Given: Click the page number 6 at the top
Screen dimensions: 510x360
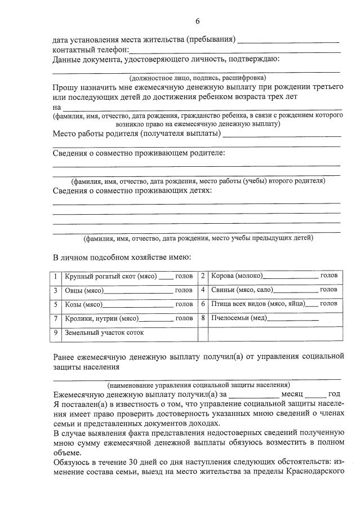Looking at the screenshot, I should [197, 21].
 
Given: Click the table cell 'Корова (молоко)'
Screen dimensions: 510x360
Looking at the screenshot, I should [273, 276].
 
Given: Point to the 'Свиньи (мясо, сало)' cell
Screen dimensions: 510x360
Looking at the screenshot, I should [273, 290].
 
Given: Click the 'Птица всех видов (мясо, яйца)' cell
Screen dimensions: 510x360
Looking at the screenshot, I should [273, 304].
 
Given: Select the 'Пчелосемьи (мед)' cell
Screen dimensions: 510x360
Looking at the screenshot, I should [273, 318].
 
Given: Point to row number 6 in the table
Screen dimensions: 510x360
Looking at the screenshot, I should [203, 304].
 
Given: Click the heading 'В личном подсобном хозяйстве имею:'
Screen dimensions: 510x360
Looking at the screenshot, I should [122, 258].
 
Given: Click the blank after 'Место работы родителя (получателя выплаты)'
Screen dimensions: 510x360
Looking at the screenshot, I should [282, 135].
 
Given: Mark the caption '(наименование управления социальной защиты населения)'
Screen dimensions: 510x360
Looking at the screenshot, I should [198, 385].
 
